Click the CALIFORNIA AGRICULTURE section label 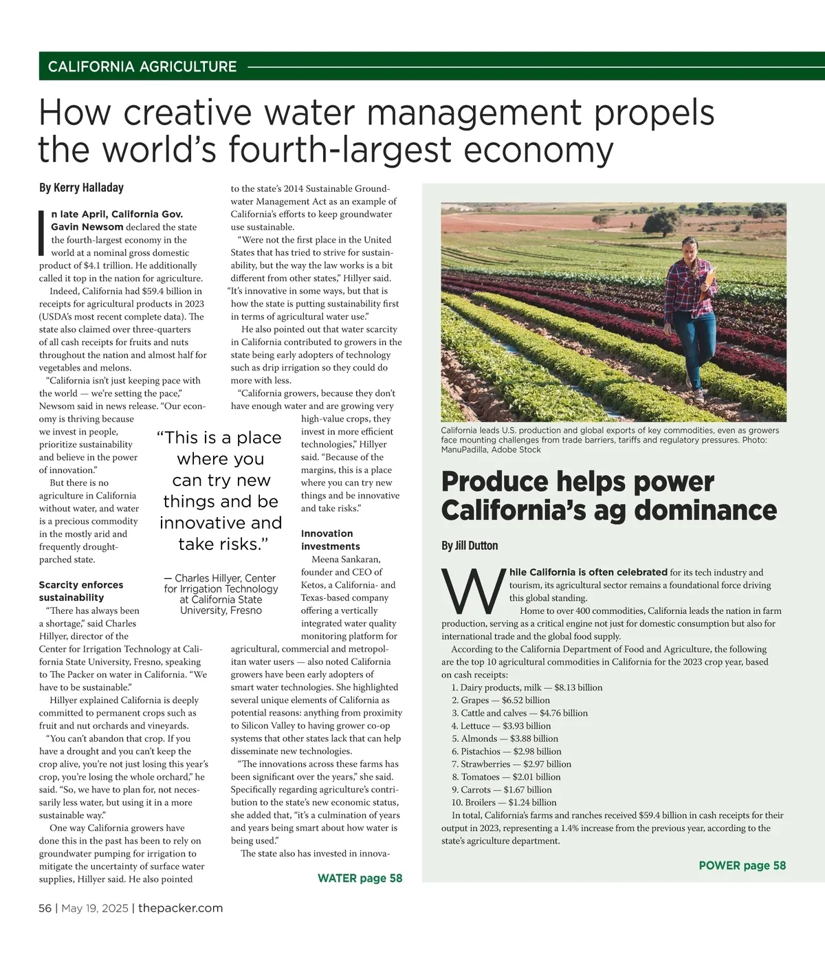coord(142,67)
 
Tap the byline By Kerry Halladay coord(81,188)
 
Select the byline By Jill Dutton coord(470,546)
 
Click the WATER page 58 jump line coord(360,878)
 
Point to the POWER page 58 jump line coord(742,866)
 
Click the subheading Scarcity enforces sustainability coord(81,591)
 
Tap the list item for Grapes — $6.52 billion coord(500,700)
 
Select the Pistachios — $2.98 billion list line coord(506,751)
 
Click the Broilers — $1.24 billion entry coord(504,802)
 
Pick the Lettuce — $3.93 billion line coord(501,726)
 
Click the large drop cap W coord(472,591)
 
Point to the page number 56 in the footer coord(45,908)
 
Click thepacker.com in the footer coord(180,908)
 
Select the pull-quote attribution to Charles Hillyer coord(221,594)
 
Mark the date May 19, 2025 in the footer coord(95,908)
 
